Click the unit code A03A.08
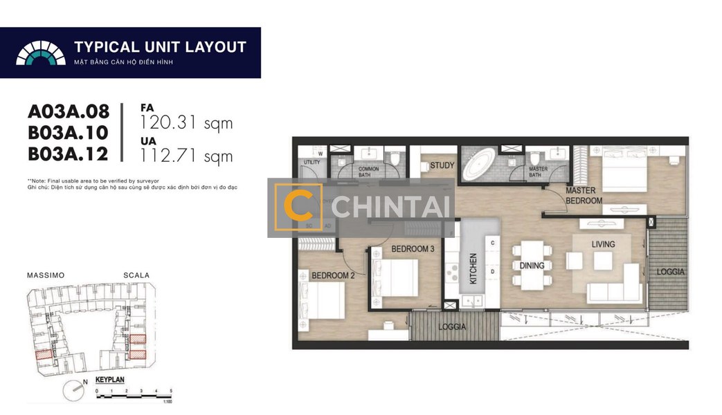pyautogui.click(x=69, y=111)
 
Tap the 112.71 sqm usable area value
pyautogui.click(x=186, y=156)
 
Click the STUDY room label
pyautogui.click(x=442, y=166)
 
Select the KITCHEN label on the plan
pyautogui.click(x=473, y=270)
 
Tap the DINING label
pyautogui.click(x=532, y=266)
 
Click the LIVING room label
pyautogui.click(x=603, y=244)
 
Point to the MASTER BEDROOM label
pyautogui.click(x=584, y=196)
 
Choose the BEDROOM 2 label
pyautogui.click(x=333, y=275)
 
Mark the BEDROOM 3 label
pyautogui.click(x=413, y=249)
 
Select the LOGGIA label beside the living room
pyautogui.click(x=669, y=272)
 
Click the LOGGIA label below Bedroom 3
pyautogui.click(x=451, y=327)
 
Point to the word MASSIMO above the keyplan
pyautogui.click(x=46, y=275)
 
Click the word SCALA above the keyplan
pyautogui.click(x=136, y=275)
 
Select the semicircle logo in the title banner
pyautogui.click(x=41, y=53)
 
